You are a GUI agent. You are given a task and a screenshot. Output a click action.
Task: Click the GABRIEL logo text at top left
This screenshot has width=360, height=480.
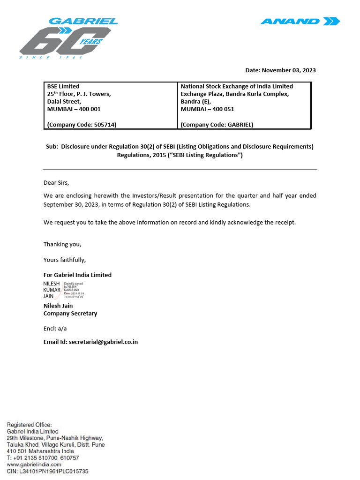click(x=83, y=21)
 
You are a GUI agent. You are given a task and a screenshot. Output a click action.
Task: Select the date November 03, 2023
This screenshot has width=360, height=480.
click(x=289, y=70)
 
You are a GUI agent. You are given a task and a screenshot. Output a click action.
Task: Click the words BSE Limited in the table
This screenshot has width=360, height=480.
click(x=63, y=86)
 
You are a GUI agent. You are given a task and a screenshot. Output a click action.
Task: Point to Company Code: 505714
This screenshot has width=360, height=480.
click(x=82, y=125)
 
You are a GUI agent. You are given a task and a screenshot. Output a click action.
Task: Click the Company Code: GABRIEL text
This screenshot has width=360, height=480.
click(x=217, y=125)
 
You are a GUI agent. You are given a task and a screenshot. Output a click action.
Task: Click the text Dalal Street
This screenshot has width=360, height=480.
click(x=64, y=101)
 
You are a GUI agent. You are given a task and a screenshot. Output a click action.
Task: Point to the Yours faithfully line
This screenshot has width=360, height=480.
click(x=65, y=260)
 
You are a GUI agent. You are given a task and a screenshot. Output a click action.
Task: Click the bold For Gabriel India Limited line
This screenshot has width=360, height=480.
click(x=77, y=275)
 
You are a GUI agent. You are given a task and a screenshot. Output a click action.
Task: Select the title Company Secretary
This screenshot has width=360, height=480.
click(x=70, y=313)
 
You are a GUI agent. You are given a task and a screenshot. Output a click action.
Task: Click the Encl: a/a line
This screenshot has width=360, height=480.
click(x=55, y=329)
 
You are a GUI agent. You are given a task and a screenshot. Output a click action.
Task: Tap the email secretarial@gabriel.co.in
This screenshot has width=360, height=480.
click(x=103, y=342)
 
